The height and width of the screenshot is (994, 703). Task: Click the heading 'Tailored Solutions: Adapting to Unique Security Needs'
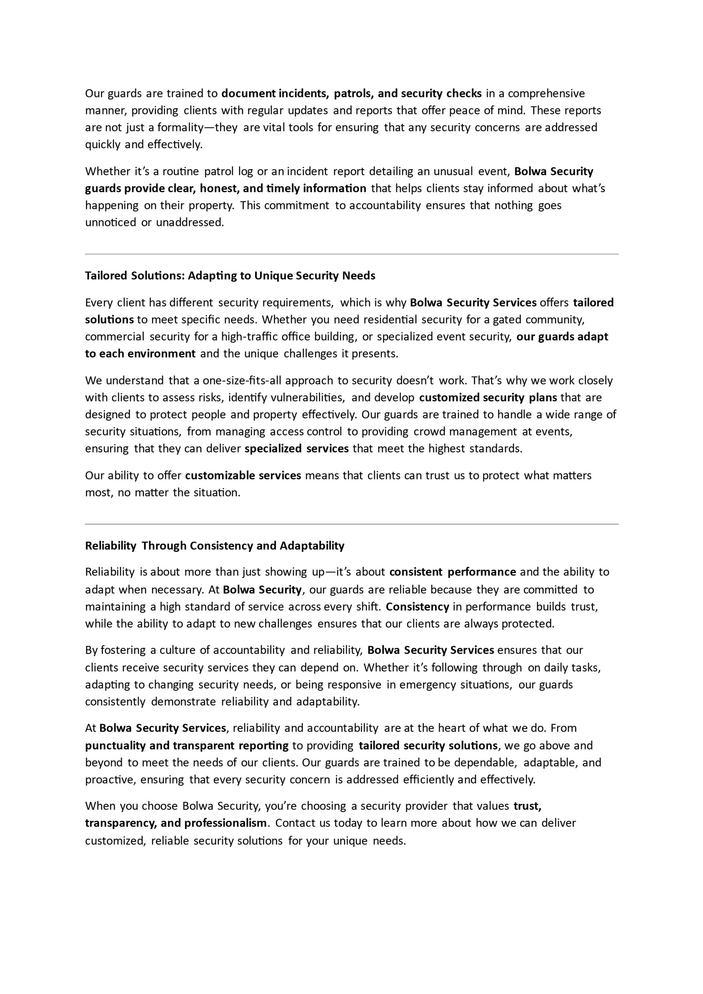[x=230, y=276]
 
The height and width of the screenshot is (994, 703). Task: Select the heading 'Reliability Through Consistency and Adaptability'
[x=214, y=546]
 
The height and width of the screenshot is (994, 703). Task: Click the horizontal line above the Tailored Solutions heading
[x=351, y=254]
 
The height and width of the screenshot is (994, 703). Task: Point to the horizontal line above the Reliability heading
[x=351, y=524]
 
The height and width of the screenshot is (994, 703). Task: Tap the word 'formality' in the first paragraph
[x=180, y=127]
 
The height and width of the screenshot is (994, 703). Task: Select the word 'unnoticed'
[x=110, y=222]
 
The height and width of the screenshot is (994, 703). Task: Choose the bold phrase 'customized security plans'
[x=488, y=398]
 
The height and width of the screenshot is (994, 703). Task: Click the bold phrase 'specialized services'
[x=296, y=448]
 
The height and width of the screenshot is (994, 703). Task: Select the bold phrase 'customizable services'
[x=243, y=475]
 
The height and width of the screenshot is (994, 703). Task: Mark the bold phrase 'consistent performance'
[x=452, y=572]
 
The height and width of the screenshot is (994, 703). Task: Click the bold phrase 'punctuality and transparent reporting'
[x=187, y=745]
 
